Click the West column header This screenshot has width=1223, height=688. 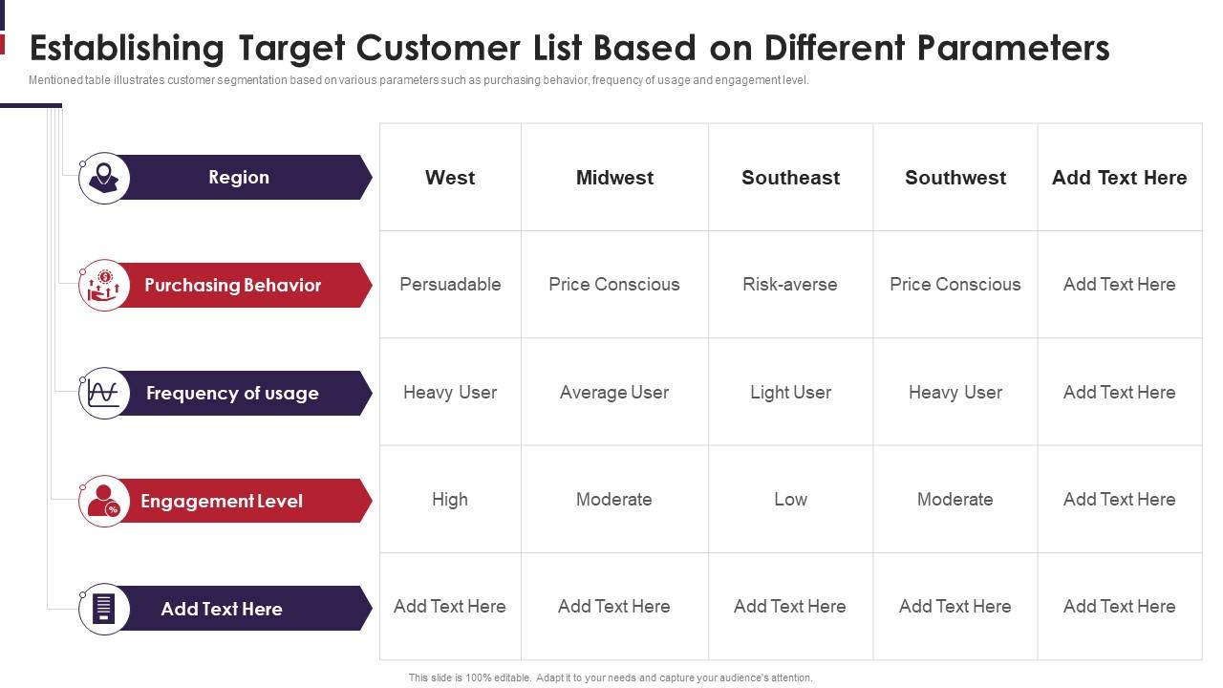[450, 178]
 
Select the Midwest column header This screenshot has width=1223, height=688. [614, 178]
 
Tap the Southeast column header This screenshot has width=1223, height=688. [790, 178]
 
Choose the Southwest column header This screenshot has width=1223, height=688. [955, 178]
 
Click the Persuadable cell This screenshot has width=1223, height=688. [450, 285]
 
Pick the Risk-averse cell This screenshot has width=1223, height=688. [790, 285]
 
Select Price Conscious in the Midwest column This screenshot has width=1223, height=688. [614, 285]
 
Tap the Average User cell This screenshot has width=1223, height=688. [614, 393]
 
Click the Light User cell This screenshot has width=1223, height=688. [790, 393]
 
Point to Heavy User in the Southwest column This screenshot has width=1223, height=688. [955, 393]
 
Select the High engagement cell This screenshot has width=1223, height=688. [450, 500]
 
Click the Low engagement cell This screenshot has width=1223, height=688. [790, 500]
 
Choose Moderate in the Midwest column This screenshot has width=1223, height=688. [614, 500]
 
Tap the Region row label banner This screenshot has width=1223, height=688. [239, 178]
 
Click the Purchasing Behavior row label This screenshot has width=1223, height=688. [233, 286]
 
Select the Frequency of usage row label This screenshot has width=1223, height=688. [232, 394]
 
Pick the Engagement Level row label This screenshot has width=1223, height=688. [222, 502]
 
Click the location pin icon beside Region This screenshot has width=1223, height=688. [103, 178]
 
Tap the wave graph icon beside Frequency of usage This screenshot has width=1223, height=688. [103, 394]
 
